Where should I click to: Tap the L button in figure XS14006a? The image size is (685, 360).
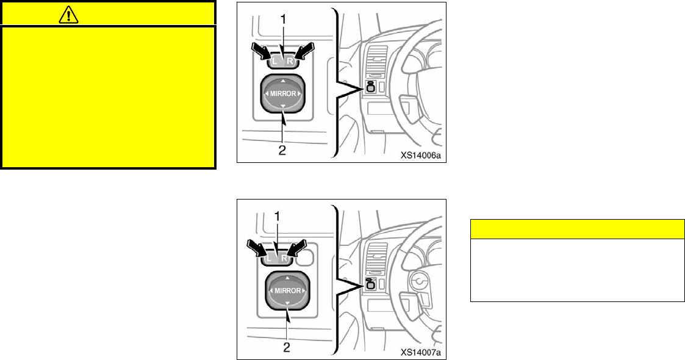276,62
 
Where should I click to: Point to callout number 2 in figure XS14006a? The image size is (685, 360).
282,149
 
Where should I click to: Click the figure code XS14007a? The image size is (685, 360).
420,353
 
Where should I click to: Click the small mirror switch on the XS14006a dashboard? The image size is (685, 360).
370,87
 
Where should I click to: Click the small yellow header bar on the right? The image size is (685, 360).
576,229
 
